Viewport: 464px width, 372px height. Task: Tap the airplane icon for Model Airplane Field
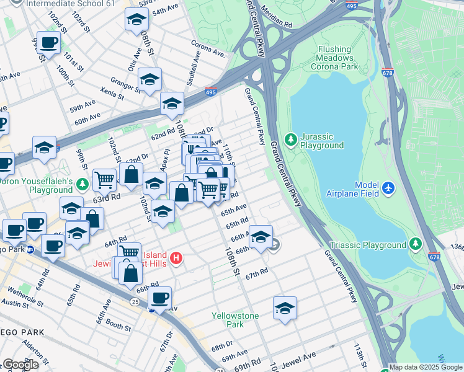coord(388,187)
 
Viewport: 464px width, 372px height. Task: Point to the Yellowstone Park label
coord(235,320)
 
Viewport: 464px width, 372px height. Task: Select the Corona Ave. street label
coord(208,50)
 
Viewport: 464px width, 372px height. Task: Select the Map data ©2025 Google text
coord(426,367)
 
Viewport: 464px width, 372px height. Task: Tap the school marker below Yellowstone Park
coord(285,309)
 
